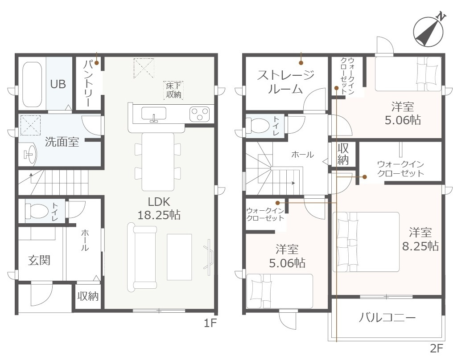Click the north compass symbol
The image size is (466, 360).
pos(429,32)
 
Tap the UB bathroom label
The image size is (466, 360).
pos(58,84)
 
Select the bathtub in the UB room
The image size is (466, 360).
pos(32,84)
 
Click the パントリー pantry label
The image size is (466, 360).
pos(88,83)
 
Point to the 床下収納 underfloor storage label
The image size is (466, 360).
pos(173,90)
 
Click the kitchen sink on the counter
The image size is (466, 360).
pos(154,114)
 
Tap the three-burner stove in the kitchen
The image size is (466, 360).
pos(199,114)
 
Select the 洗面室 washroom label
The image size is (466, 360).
pos(62,142)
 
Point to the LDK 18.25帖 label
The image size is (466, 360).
pos(159,208)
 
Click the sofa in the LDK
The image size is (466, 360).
pos(142,257)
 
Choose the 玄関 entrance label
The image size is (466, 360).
pos(39,260)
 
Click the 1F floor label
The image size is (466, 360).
pos(210,323)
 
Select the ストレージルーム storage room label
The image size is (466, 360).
pos(285,82)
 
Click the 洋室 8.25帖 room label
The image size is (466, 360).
pos(420,239)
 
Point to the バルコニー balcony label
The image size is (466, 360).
pos(387,318)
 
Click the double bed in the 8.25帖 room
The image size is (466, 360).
pos(366,242)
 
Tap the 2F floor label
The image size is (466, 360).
pos(437,348)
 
